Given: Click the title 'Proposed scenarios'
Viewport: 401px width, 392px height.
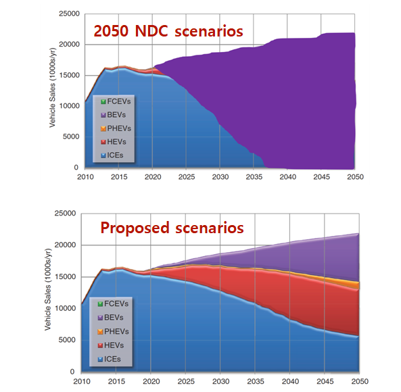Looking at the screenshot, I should [172, 227].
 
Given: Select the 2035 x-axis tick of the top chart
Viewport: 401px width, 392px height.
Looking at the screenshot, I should [253, 177].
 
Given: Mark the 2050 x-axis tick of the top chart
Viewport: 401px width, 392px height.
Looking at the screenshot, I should [356, 177].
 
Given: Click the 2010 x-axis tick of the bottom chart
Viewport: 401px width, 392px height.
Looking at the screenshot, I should [81, 382].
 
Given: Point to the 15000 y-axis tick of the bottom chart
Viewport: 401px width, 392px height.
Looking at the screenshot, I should [66, 276].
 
